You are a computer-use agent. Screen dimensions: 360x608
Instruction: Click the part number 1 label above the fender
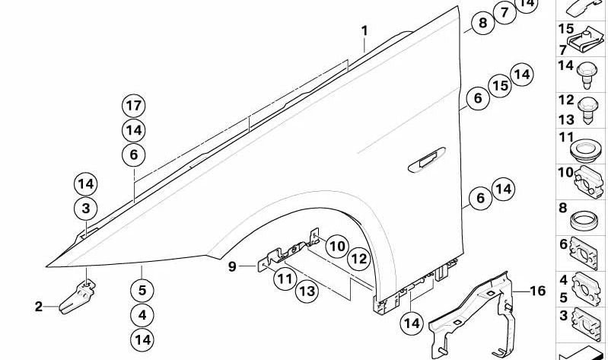pyautogui.click(x=364, y=31)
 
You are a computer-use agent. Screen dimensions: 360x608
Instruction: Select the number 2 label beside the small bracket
pyautogui.click(x=39, y=307)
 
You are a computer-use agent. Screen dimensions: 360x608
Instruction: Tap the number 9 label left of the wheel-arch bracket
pyautogui.click(x=232, y=266)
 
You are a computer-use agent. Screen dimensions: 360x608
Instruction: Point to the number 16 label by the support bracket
pyautogui.click(x=538, y=291)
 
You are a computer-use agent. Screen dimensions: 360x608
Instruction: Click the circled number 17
pyautogui.click(x=134, y=105)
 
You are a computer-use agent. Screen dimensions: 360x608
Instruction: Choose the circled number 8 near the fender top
pyautogui.click(x=482, y=24)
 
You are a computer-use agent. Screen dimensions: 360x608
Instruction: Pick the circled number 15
pyautogui.click(x=499, y=86)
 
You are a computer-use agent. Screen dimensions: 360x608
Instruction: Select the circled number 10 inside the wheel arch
pyautogui.click(x=337, y=246)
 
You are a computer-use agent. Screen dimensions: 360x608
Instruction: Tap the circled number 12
pyautogui.click(x=359, y=259)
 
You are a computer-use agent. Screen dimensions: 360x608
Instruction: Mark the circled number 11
pyautogui.click(x=285, y=279)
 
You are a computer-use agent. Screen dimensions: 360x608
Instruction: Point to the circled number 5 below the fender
pyautogui.click(x=142, y=290)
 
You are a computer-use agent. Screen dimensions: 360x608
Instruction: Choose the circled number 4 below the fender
pyautogui.click(x=142, y=314)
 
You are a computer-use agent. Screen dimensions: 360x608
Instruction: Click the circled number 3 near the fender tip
pyautogui.click(x=86, y=208)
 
